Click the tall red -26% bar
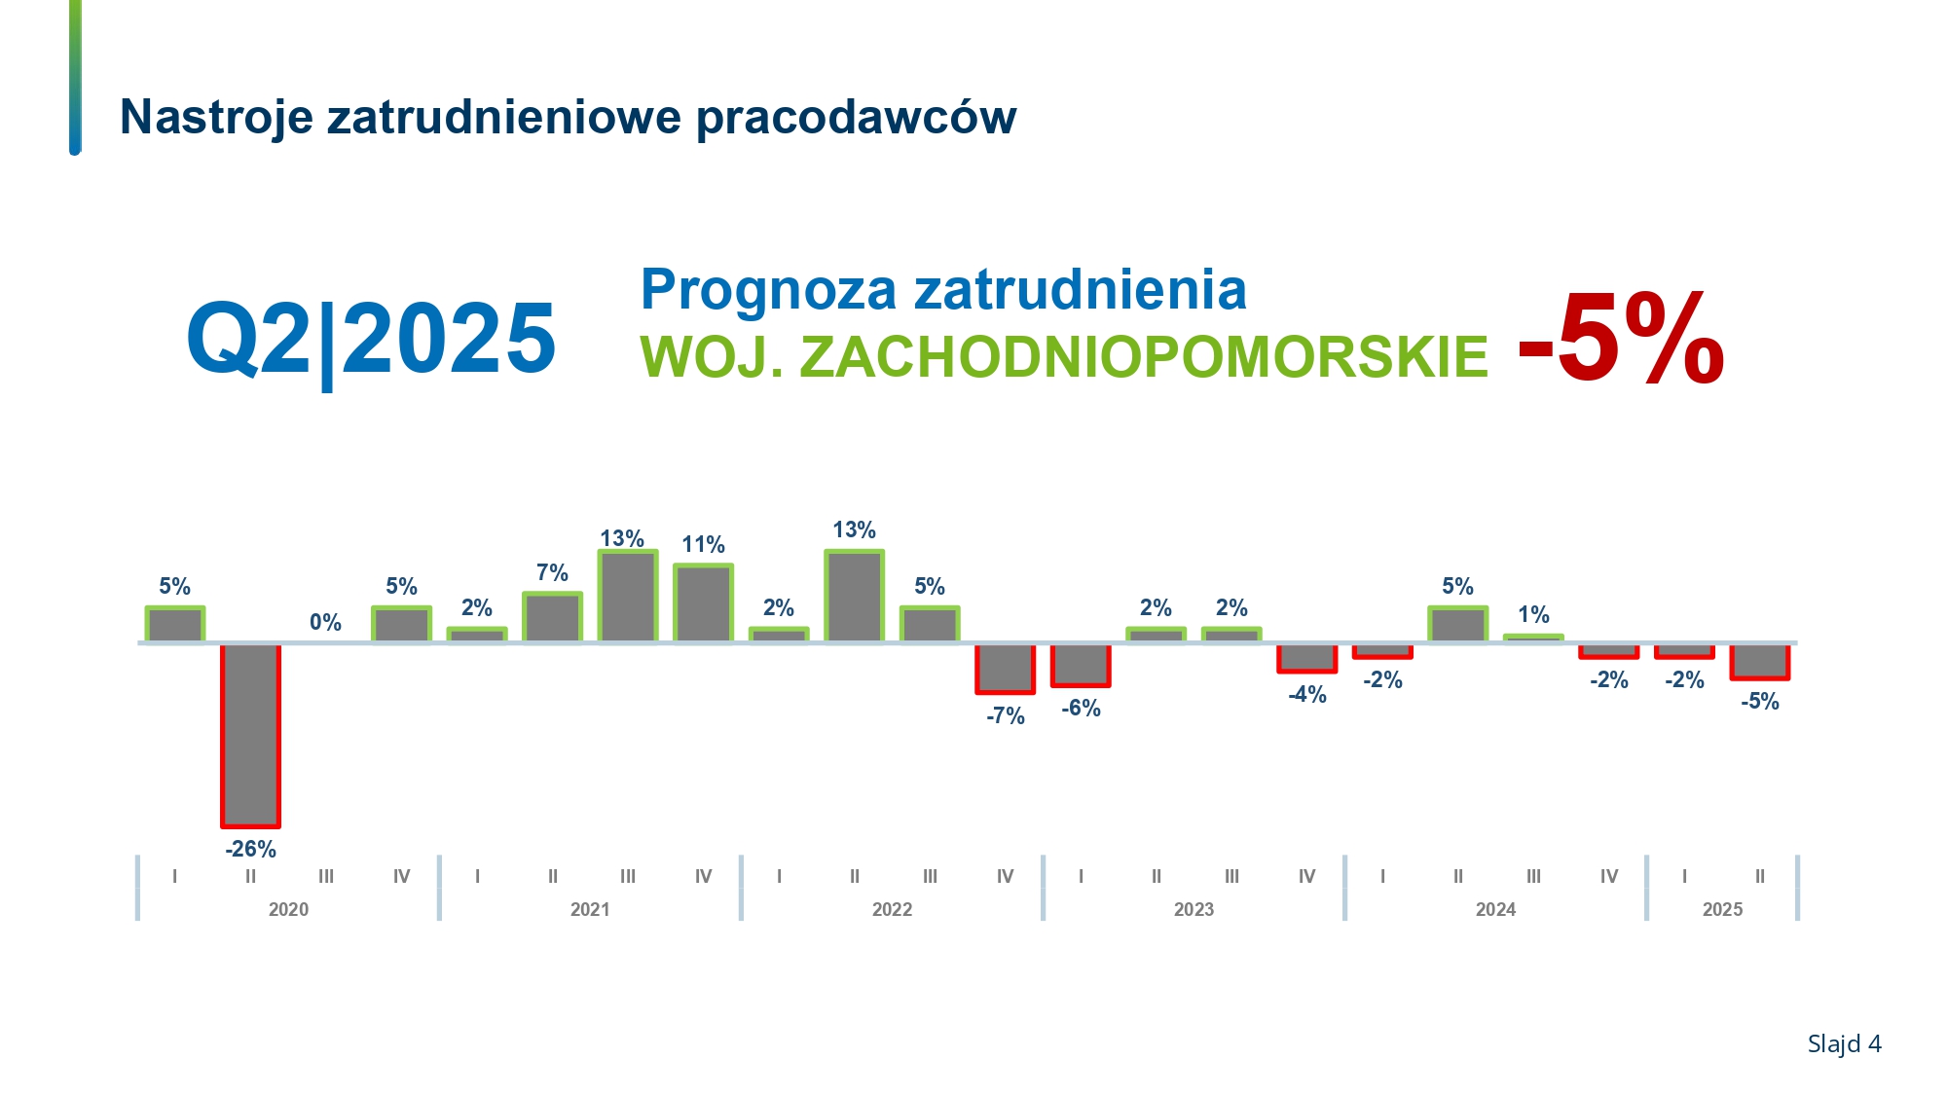click(x=250, y=736)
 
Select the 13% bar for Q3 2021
click(x=628, y=596)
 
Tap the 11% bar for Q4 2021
click(x=703, y=602)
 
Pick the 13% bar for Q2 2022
click(x=854, y=596)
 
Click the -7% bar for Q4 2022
click(x=1005, y=669)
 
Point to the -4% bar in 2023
click(x=1306, y=658)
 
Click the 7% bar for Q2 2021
click(x=552, y=617)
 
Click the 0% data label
click(x=325, y=622)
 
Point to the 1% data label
click(x=1533, y=614)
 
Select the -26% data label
click(x=250, y=849)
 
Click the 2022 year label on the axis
click(x=892, y=909)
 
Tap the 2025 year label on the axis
click(x=1722, y=909)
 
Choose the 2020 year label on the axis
click(x=288, y=909)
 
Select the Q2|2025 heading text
click(x=371, y=340)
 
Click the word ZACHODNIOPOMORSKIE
click(x=1144, y=357)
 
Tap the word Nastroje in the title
click(x=216, y=117)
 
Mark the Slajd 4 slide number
click(x=1844, y=1044)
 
